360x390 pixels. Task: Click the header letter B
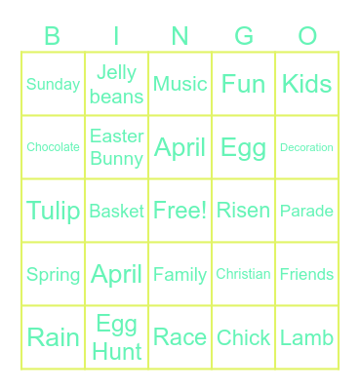53,37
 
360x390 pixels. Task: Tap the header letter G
244,37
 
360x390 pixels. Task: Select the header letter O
307,37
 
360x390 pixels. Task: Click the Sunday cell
53,84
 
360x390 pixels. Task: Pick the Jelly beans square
117,84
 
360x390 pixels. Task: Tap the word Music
180,84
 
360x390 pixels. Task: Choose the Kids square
307,84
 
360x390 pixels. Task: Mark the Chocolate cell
53,147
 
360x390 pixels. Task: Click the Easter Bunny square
117,147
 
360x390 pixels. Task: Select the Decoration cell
307,147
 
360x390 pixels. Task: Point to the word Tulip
53,211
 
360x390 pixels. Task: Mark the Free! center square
180,211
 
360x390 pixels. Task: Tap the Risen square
244,211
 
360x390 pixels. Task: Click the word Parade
307,211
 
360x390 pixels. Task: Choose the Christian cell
244,274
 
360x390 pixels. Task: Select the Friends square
307,274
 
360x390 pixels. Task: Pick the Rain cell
53,337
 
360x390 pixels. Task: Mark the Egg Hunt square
117,337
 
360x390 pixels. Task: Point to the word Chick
244,337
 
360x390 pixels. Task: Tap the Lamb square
307,337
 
